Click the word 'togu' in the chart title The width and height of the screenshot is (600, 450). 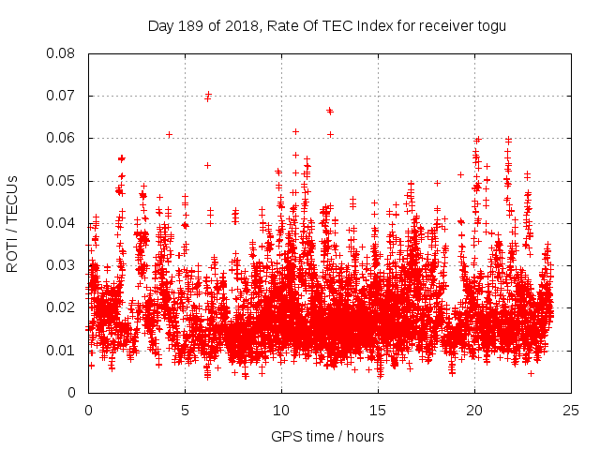point(490,25)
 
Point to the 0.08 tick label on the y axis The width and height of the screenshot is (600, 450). point(63,53)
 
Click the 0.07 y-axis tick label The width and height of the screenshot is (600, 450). point(63,96)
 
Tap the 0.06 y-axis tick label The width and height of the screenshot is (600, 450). point(63,138)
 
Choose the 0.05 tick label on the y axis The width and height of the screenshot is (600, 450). point(63,181)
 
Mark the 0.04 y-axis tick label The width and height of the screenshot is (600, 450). point(63,223)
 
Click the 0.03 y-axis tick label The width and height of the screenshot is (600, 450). point(63,265)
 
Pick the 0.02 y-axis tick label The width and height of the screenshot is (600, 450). point(63,307)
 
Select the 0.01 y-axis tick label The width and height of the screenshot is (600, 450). point(63,351)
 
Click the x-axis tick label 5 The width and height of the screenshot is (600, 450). point(185,411)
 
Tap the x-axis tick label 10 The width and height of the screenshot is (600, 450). point(281,411)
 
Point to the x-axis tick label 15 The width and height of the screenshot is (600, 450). point(378,411)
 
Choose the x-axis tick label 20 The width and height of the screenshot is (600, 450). point(474,411)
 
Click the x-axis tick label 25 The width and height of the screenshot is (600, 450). point(571,411)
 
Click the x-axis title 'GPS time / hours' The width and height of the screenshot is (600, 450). point(327,436)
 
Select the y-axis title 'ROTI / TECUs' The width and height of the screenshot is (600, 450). point(13,223)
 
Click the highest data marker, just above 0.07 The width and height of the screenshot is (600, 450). point(208,94)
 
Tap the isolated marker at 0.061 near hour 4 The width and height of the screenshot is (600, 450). point(169,134)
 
